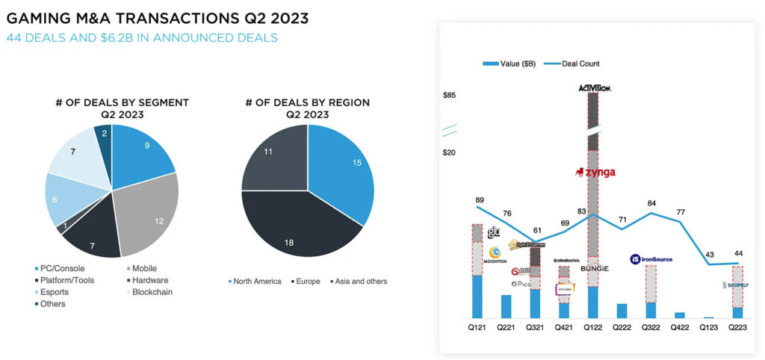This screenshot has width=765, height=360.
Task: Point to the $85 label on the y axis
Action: (449, 96)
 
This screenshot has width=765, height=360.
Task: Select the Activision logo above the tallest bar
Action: (595, 88)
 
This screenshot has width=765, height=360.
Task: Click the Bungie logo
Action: (594, 268)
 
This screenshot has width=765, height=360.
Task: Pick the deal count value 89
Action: (479, 200)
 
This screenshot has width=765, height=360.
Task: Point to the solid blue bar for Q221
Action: (506, 306)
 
